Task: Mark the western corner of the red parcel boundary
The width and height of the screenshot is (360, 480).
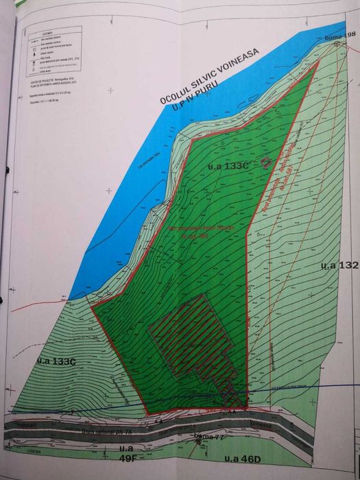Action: pos(93,304)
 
